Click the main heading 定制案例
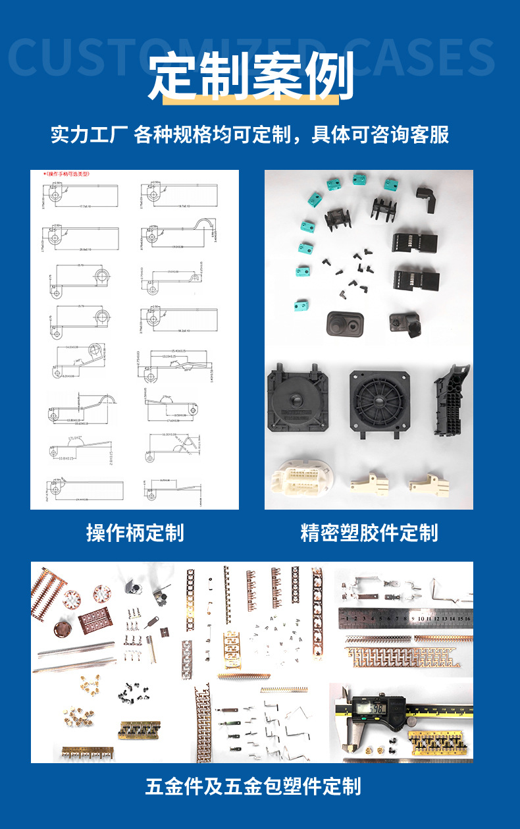point(252,76)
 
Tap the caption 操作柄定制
point(135,532)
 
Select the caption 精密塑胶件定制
point(369,532)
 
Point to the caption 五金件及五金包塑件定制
point(253,786)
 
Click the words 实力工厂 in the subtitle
point(88,135)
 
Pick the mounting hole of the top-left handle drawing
point(57,196)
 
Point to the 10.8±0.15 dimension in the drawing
point(67,458)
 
